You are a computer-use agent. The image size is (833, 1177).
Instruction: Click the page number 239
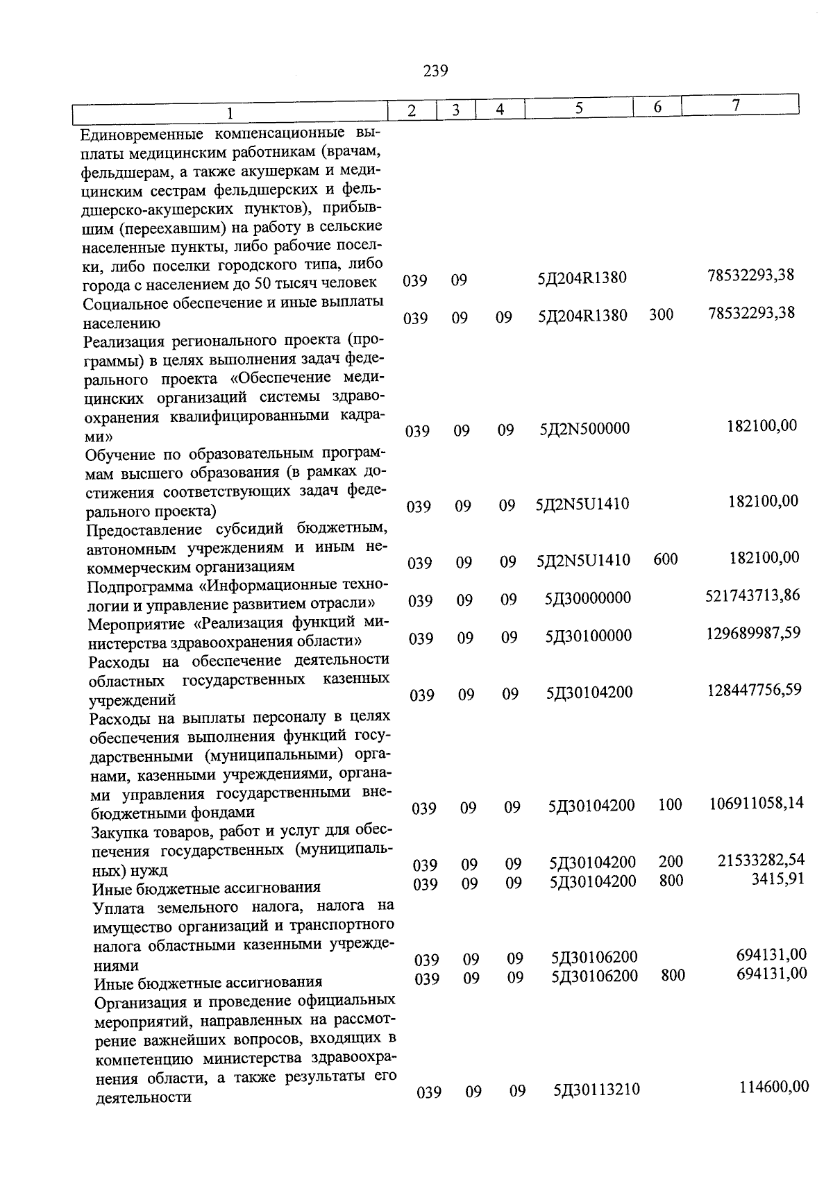435,71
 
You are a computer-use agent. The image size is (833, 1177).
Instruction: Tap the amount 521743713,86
752,595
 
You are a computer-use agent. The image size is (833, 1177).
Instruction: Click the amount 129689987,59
753,632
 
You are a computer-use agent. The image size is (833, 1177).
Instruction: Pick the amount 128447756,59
754,689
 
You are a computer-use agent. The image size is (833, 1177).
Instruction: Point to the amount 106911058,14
756,803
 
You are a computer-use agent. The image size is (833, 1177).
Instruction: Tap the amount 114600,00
774,1086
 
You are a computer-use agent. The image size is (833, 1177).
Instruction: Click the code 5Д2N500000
585,429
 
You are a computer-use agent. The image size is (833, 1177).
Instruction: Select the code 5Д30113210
596,1090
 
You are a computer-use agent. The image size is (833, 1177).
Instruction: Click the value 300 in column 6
661,315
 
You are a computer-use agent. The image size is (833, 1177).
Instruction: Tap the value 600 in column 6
665,559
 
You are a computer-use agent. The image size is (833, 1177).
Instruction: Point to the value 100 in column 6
670,805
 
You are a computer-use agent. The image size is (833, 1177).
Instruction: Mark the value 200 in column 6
671,862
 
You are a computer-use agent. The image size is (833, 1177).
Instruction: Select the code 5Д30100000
589,636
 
